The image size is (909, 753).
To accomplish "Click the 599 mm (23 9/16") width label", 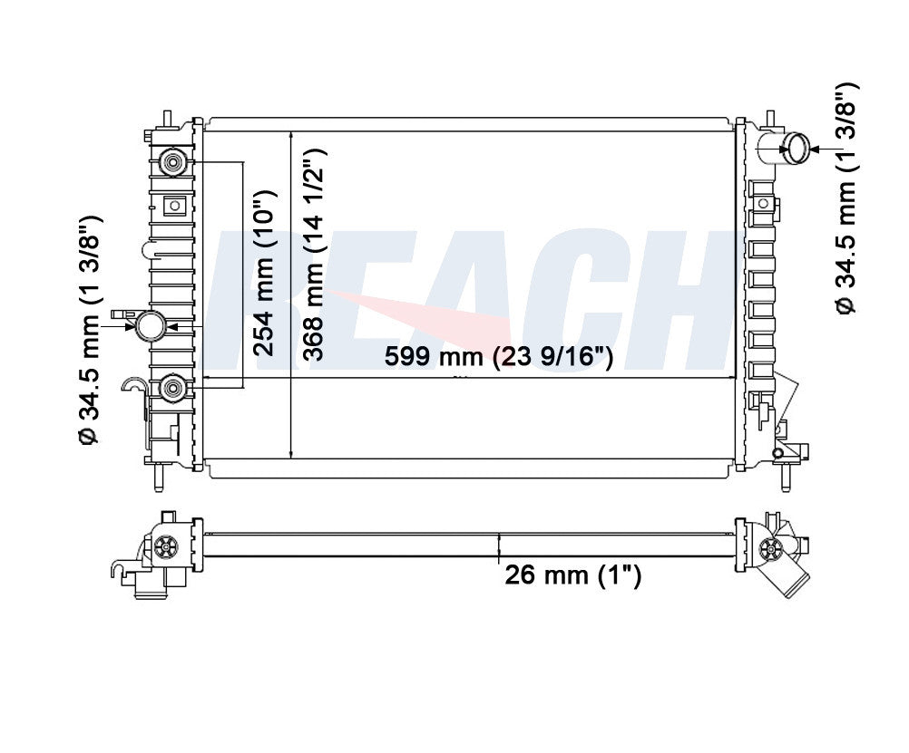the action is tap(499, 356).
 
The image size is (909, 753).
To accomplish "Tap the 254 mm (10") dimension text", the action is tap(266, 273).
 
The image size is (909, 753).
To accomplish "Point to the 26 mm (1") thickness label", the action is tap(572, 575).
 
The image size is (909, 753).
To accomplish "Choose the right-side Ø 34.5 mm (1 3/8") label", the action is tap(845, 198).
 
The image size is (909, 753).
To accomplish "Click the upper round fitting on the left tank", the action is tap(172, 161).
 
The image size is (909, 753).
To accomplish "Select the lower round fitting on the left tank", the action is tap(172, 388).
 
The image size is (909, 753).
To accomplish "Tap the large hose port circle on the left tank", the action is tap(151, 326).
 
